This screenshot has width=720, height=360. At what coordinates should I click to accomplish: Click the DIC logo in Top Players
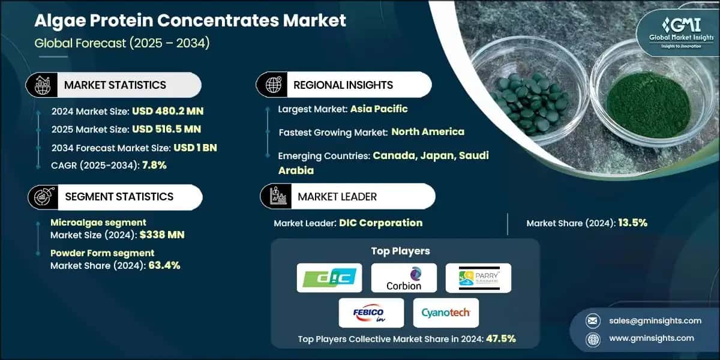(x=329, y=278)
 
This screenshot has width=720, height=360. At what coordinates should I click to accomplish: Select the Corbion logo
(x=404, y=278)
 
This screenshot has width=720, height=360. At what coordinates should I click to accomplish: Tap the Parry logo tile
(x=478, y=278)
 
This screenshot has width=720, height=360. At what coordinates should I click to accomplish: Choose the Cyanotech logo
(x=446, y=313)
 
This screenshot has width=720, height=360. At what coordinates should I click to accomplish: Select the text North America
(x=428, y=131)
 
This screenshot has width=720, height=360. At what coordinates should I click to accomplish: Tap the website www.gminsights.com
(x=650, y=338)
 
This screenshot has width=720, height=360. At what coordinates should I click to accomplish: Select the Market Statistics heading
(x=115, y=85)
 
